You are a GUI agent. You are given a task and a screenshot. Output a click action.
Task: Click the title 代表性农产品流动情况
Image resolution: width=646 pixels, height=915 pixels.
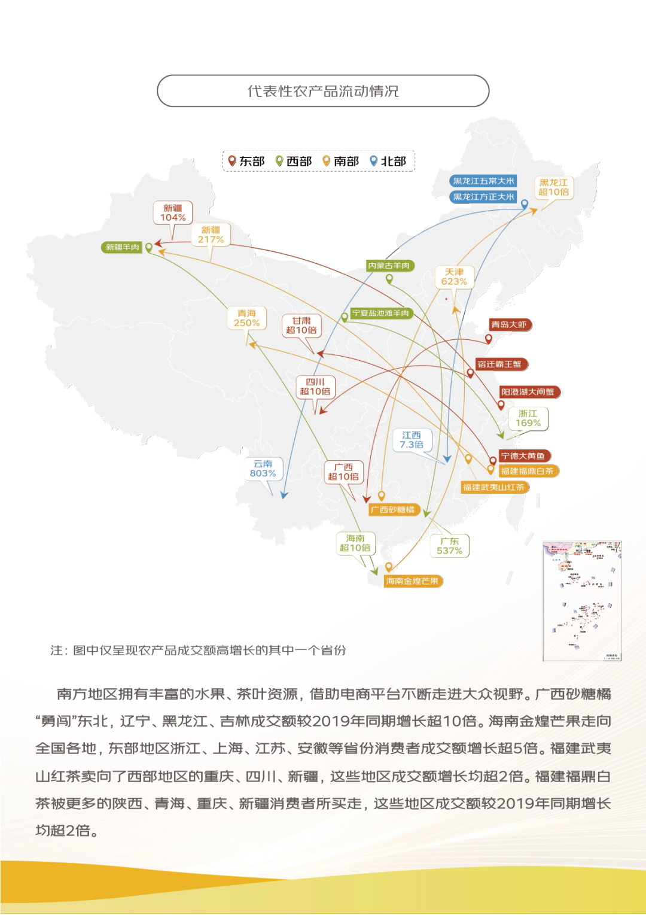(x=323, y=91)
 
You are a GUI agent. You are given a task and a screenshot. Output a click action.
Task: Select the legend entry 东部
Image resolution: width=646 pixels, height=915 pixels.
(x=246, y=161)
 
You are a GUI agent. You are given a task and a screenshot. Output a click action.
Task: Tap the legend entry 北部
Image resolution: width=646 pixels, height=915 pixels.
(x=388, y=161)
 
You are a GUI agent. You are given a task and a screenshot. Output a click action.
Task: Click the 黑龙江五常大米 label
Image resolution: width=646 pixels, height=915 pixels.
(x=483, y=181)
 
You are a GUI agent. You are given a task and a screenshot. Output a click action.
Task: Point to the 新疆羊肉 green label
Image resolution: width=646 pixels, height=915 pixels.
(x=123, y=247)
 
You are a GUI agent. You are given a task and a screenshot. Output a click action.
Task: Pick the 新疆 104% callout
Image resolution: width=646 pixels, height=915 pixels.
(x=173, y=213)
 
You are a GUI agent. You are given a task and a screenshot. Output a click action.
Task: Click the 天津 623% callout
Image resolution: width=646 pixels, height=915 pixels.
(x=454, y=276)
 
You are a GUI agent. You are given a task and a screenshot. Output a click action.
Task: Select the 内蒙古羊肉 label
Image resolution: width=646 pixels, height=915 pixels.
(x=389, y=266)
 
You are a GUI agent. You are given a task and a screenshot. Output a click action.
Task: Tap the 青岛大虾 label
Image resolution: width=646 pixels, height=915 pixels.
(x=509, y=325)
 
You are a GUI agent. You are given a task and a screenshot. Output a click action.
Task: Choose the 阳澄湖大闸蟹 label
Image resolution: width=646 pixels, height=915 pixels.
(x=528, y=392)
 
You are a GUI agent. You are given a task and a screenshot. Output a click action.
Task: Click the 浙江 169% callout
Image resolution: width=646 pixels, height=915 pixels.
(x=528, y=418)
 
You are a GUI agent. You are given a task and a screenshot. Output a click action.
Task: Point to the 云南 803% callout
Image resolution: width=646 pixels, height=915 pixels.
(x=263, y=469)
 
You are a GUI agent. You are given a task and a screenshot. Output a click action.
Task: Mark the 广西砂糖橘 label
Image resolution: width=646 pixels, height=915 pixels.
(x=393, y=510)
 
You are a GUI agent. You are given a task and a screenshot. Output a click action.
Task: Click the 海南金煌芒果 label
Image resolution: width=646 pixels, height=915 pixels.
(x=412, y=581)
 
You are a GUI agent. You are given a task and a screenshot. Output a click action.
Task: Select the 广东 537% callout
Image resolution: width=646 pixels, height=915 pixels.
(x=450, y=546)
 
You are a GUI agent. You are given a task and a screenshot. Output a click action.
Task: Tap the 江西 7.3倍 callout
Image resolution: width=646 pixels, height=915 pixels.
(x=412, y=440)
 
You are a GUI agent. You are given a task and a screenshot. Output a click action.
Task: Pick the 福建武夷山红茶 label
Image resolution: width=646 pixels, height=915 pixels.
(x=493, y=487)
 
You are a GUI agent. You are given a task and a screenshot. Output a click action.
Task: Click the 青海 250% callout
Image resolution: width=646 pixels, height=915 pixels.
(x=246, y=318)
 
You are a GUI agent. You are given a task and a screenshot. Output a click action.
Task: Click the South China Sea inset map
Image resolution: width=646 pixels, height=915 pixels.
(x=582, y=601)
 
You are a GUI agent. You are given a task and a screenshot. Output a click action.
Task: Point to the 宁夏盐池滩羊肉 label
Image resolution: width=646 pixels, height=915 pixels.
(x=380, y=313)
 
